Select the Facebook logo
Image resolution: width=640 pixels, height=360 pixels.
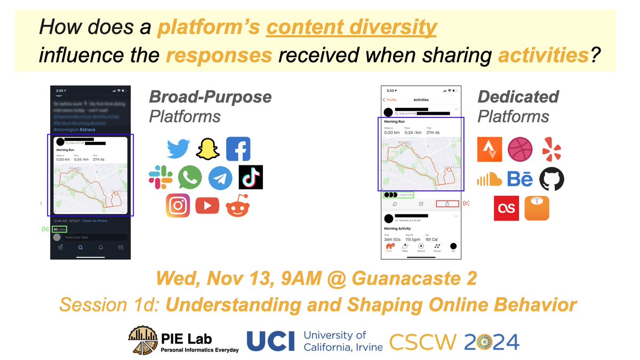coord(238,149)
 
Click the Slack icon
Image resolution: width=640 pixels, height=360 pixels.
coord(161,177)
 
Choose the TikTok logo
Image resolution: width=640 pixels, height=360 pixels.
coord(250,178)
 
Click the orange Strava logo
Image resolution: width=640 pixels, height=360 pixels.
coord(490,149)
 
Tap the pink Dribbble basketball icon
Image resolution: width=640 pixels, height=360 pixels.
coord(520,149)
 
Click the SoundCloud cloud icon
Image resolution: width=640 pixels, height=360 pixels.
coord(489,179)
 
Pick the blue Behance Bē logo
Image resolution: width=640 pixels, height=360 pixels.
coord(519,179)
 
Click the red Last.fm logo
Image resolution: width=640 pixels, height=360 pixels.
coord(506,208)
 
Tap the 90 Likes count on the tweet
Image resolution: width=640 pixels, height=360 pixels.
coord(60,229)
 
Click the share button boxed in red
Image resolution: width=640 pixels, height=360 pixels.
coord(448,204)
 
